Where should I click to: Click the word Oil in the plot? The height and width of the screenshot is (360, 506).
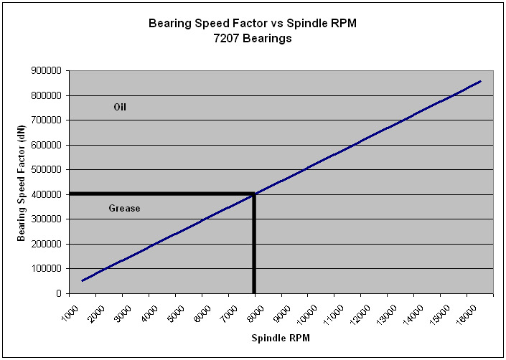tap(120, 107)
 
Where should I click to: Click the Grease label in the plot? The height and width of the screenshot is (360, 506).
tap(124, 209)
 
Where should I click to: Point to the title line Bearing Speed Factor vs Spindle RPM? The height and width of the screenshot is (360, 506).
tap(252, 23)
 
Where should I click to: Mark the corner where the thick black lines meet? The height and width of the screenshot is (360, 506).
tap(254, 194)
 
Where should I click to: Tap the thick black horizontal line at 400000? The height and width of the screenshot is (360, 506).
tap(158, 194)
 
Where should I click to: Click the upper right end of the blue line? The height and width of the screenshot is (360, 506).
tap(480, 81)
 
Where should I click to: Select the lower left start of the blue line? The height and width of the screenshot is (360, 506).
tap(83, 280)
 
